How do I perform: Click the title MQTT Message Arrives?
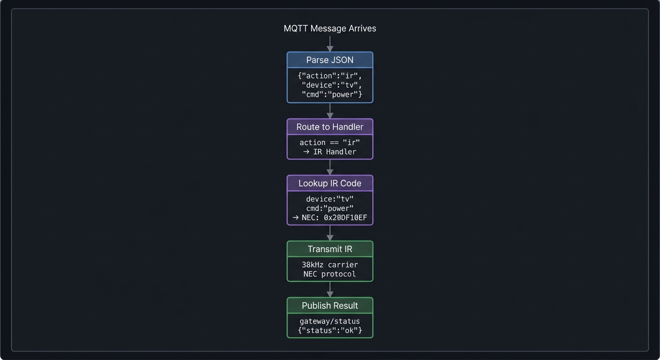pos(330,29)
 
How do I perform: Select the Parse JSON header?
pos(330,60)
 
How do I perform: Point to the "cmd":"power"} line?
pos(332,95)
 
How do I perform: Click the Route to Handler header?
pos(330,127)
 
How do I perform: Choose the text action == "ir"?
pos(330,142)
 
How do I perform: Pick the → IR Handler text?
pos(330,152)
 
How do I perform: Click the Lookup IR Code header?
pos(330,183)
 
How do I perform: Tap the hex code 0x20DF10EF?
pos(345,217)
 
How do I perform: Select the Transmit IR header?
pos(330,249)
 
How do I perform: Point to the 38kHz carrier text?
pos(330,265)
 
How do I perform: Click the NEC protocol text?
pos(330,274)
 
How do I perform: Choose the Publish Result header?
pos(330,306)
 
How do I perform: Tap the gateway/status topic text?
pos(330,321)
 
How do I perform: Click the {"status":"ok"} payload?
pos(330,330)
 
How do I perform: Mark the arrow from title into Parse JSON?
pos(330,45)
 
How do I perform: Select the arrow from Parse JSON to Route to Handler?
pos(330,111)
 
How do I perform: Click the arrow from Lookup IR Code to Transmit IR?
pos(330,233)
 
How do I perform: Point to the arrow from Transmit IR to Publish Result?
pos(330,290)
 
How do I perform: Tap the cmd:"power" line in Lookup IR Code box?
pos(330,208)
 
